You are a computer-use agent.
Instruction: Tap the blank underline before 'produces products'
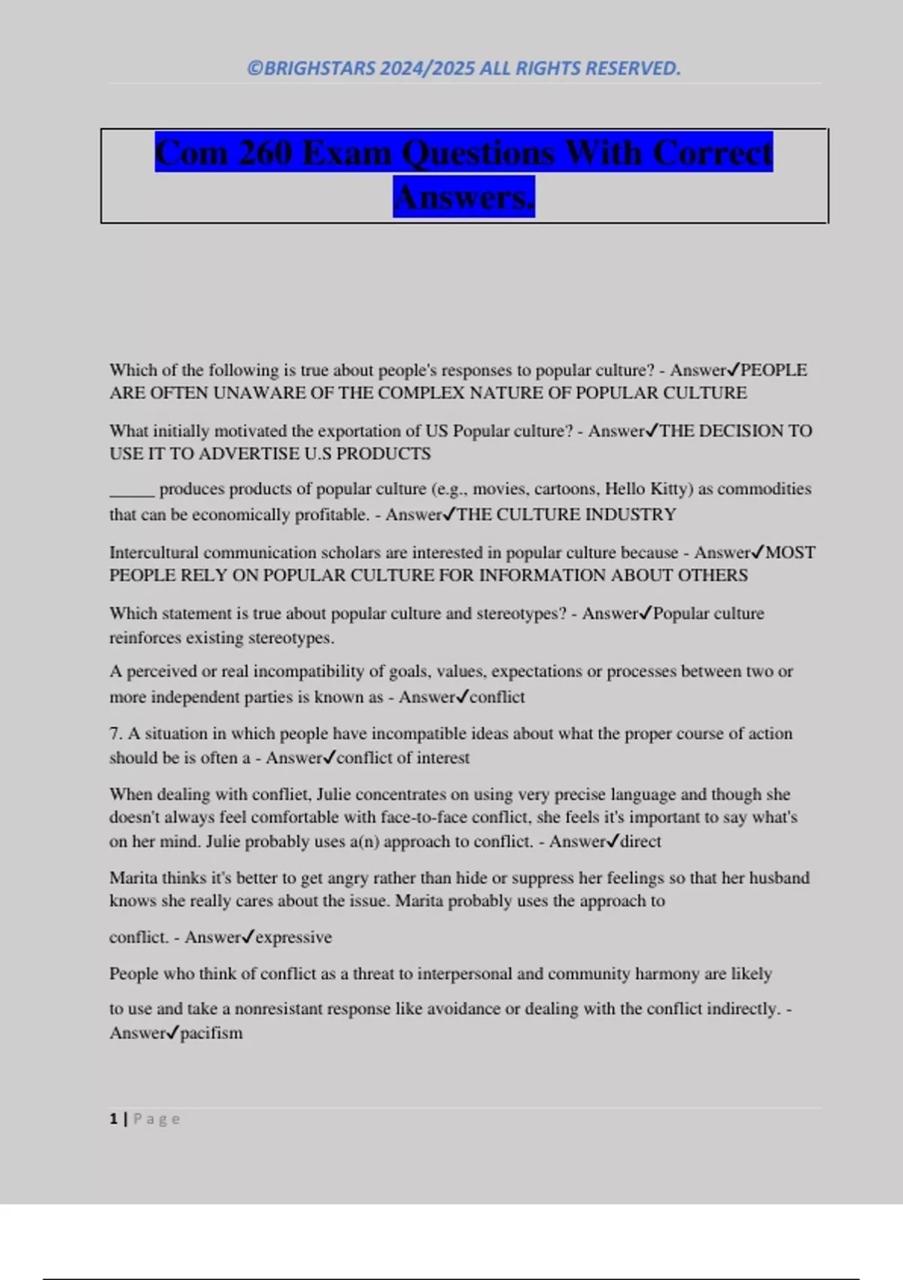132,491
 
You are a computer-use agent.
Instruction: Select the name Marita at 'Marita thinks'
133,878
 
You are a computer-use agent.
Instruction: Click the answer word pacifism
211,1033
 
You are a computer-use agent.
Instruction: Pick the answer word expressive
293,937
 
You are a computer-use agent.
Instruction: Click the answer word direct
640,842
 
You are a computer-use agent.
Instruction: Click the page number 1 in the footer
114,1119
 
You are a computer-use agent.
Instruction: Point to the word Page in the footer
157,1119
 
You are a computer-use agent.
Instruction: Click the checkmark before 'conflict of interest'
329,757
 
